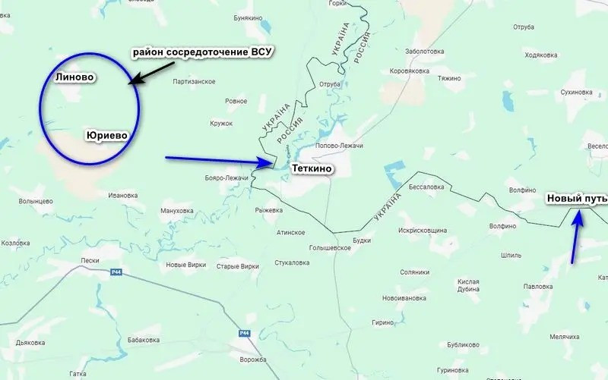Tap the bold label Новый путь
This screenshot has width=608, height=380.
tap(577, 199)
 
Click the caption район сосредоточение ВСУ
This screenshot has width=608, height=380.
tap(202, 52)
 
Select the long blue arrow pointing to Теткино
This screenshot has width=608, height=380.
tap(219, 160)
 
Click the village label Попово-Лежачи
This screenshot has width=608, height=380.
tap(339, 146)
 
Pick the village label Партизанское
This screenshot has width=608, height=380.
tap(195, 82)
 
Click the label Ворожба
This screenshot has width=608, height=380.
tap(253, 359)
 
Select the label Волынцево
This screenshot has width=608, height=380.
tap(36, 201)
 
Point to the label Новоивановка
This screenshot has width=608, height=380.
tap(405, 298)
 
